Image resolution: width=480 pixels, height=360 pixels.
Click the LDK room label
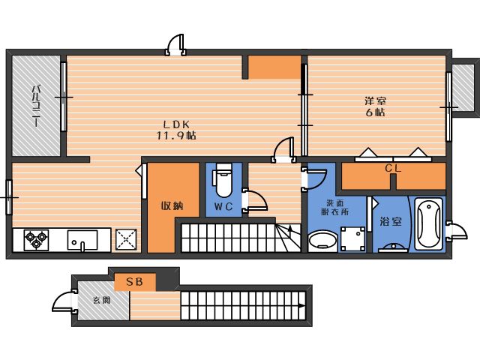pos(176,124)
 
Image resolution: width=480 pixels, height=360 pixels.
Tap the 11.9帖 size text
pos(176,135)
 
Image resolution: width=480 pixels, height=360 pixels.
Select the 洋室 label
pos(375,100)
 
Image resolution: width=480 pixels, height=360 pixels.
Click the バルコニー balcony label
pos(37,106)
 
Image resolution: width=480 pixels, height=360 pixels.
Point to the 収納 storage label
pos(172,205)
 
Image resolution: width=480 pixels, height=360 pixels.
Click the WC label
pos(223,207)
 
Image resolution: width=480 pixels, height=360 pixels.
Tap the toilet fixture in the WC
pos(223,180)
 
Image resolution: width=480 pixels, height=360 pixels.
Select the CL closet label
pos(393,168)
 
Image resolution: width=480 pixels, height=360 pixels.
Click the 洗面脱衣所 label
pos(335,207)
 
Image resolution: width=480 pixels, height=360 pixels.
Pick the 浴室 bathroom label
pos(391,221)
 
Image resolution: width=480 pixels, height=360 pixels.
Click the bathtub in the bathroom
pos(428,223)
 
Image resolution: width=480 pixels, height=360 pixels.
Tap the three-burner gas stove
pos(36,240)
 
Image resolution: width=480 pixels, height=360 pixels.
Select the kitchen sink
pos(82,240)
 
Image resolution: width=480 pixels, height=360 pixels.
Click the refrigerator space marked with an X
pos(126,239)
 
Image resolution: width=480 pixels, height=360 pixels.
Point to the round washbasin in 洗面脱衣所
pos(322,240)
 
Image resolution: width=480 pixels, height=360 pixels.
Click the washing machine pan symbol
pos(353,238)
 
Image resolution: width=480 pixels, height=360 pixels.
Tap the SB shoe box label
pos(135,282)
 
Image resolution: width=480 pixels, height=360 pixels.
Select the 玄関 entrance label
pos(102,300)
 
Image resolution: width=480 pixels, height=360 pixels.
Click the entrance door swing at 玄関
pos(64,301)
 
